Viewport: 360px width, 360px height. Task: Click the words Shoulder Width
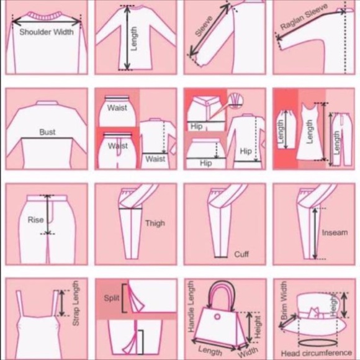(47, 32)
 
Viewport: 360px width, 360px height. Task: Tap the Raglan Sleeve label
(304, 17)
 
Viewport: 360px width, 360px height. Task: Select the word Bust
(47, 132)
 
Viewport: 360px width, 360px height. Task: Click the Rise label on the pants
(35, 220)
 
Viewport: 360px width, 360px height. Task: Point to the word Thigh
(155, 223)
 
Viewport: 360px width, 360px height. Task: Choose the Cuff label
(241, 254)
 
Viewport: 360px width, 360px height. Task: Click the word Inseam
(335, 233)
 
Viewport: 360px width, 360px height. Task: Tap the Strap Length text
(76, 303)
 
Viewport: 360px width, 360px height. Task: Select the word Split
(112, 298)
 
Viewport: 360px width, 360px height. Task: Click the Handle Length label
(191, 307)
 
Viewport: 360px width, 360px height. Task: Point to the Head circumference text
(317, 353)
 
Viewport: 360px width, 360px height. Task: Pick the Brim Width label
(284, 300)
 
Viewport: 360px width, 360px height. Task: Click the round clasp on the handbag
(217, 317)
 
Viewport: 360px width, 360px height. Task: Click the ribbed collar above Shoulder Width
(46, 16)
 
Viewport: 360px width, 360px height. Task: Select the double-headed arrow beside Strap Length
(62, 303)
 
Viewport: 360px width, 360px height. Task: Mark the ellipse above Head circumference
(318, 343)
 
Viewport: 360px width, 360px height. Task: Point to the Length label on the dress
(310, 132)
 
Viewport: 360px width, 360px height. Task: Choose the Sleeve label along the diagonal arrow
(204, 26)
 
